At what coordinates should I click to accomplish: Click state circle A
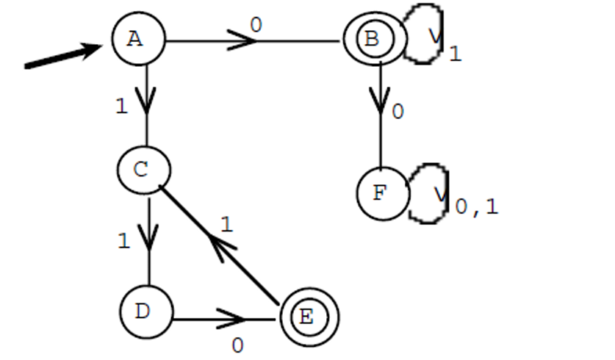point(138,40)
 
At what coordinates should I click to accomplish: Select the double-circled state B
point(373,40)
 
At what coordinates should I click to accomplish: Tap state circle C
point(143,170)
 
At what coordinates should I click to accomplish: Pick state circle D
point(145,312)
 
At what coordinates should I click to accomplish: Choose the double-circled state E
point(309,317)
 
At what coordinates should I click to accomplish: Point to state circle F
point(382,194)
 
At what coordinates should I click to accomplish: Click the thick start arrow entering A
point(62,57)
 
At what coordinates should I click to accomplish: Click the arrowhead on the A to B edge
point(240,41)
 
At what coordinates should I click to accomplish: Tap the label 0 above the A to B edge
point(255,24)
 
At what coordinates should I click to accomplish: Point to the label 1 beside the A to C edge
point(122,106)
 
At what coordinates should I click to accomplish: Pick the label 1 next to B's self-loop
point(455,54)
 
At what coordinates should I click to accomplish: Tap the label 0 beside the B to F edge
point(398,112)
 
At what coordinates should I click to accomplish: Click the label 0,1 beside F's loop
point(476,206)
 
